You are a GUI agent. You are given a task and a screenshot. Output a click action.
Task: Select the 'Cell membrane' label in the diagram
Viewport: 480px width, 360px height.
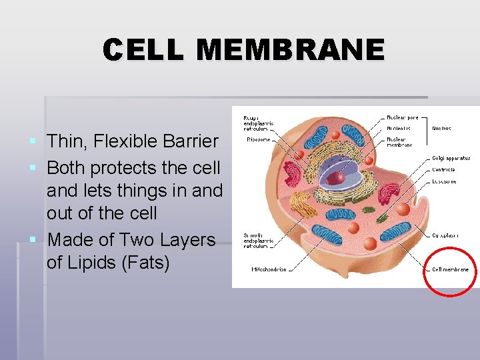click(x=450, y=270)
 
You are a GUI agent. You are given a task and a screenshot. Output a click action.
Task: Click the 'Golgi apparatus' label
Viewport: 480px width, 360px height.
click(x=451, y=158)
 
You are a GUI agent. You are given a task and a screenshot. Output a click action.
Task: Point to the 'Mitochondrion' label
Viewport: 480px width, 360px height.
click(x=269, y=270)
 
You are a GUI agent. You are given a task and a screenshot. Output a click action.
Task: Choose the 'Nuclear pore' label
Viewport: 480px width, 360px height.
click(x=403, y=117)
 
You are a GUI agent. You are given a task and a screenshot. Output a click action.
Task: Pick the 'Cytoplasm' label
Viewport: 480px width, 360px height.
click(x=445, y=235)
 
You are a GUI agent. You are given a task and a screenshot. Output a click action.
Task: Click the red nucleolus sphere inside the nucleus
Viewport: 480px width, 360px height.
click(x=339, y=177)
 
